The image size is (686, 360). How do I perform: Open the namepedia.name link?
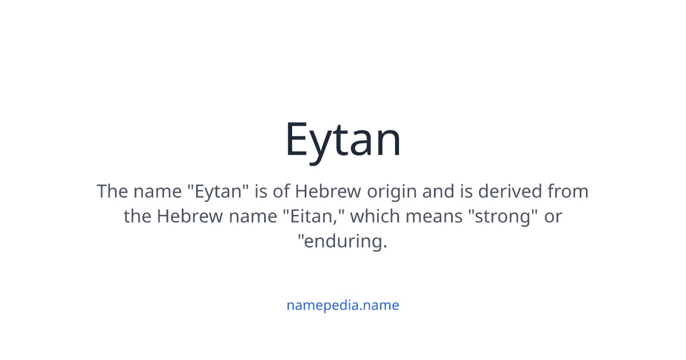(343, 305)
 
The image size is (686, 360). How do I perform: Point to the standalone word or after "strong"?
(553, 216)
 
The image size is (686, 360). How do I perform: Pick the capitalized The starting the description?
(112, 191)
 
